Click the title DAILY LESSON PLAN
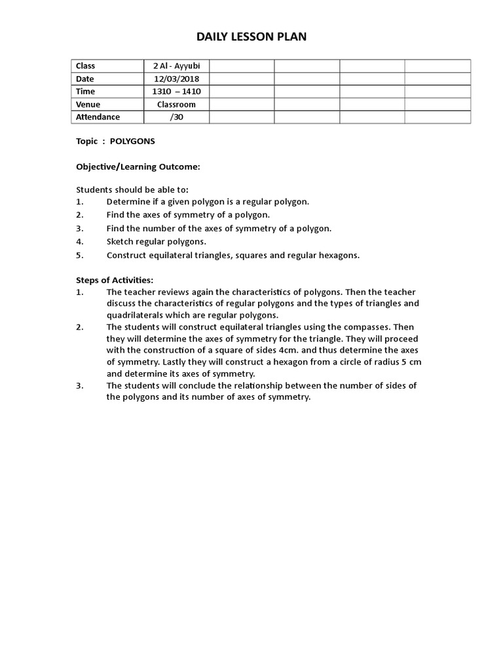point(251,37)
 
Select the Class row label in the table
point(86,66)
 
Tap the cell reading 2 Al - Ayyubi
point(176,66)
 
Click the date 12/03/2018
point(176,79)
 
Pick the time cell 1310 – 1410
point(176,91)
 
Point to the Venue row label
point(88,104)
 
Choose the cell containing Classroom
point(176,104)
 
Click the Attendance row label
point(98,117)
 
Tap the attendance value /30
point(176,117)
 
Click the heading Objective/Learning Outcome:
point(138,167)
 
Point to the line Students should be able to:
point(132,189)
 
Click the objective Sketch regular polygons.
point(157,241)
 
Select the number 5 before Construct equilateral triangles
point(79,255)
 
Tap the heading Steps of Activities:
point(115,280)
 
